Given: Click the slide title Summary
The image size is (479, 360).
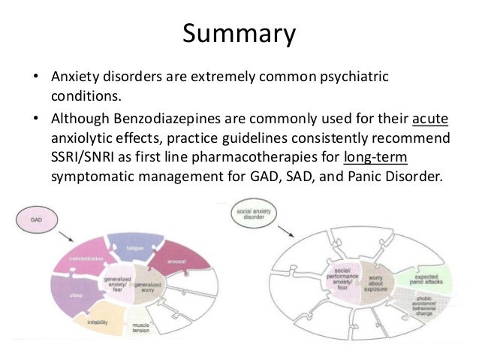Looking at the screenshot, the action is coord(239,34).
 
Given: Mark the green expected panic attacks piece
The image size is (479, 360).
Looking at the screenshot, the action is coord(425,278).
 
